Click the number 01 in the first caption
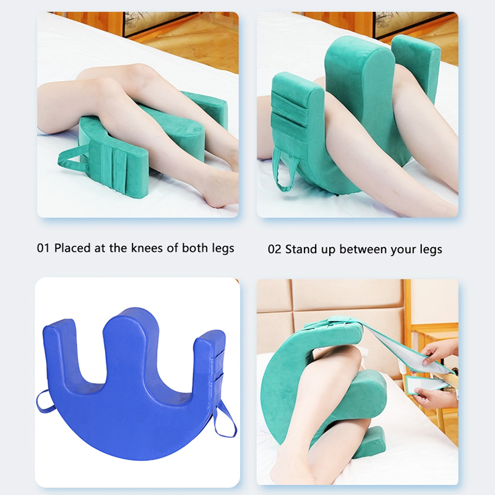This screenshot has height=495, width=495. (43, 248)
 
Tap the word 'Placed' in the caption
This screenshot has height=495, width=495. (72, 248)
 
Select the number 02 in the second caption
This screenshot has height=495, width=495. (275, 249)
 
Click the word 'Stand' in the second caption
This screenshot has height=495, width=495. (301, 249)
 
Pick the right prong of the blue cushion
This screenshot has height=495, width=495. (209, 357)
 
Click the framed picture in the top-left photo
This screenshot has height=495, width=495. (161, 24)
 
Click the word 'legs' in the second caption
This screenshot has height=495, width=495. (431, 250)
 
